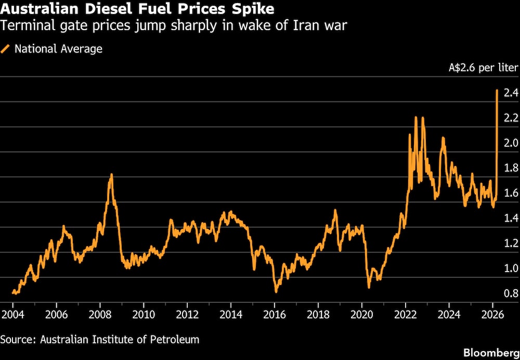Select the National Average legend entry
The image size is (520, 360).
coord(58,49)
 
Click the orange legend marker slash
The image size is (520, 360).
coord(6,49)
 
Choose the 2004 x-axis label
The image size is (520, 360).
coord(13,315)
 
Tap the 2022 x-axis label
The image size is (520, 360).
coord(406,315)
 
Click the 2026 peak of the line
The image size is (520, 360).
coord(497,91)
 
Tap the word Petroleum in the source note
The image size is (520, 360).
coord(176,340)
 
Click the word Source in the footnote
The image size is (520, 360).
coord(16,340)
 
